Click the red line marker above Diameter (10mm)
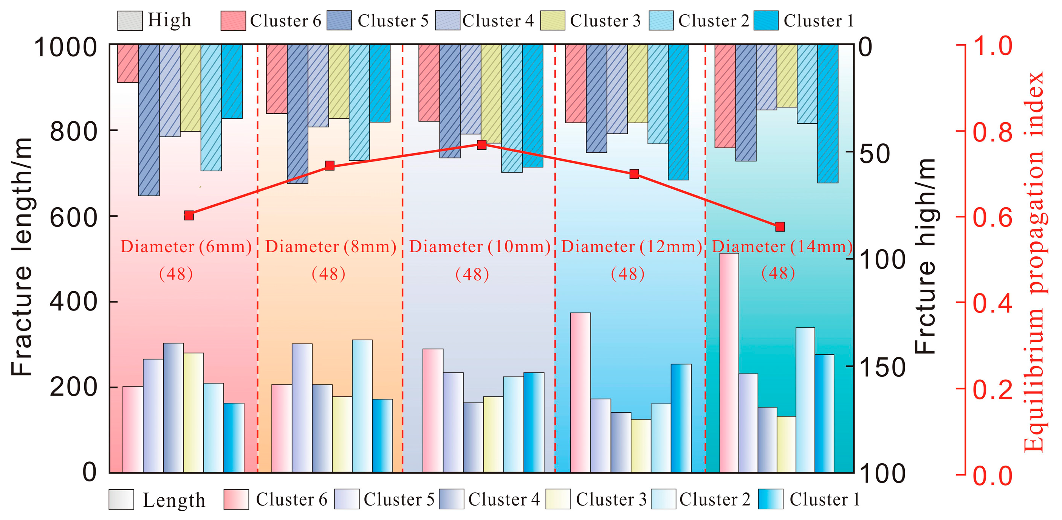click(x=481, y=144)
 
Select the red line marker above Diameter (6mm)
click(x=189, y=216)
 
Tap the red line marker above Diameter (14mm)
click(x=780, y=227)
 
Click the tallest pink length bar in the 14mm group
click(x=729, y=363)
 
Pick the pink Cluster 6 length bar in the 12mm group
click(x=580, y=392)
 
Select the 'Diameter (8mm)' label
click(x=330, y=247)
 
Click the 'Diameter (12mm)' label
click(x=631, y=247)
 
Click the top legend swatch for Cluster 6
click(x=233, y=21)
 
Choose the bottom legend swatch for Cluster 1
click(x=771, y=499)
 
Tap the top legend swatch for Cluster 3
click(x=553, y=21)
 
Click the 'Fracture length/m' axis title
click(x=22, y=257)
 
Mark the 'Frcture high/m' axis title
click(x=925, y=256)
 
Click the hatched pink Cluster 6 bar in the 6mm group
click(x=128, y=64)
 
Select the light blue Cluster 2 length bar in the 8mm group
click(x=362, y=406)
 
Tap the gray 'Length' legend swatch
click(x=121, y=499)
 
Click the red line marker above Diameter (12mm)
click(x=634, y=174)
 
